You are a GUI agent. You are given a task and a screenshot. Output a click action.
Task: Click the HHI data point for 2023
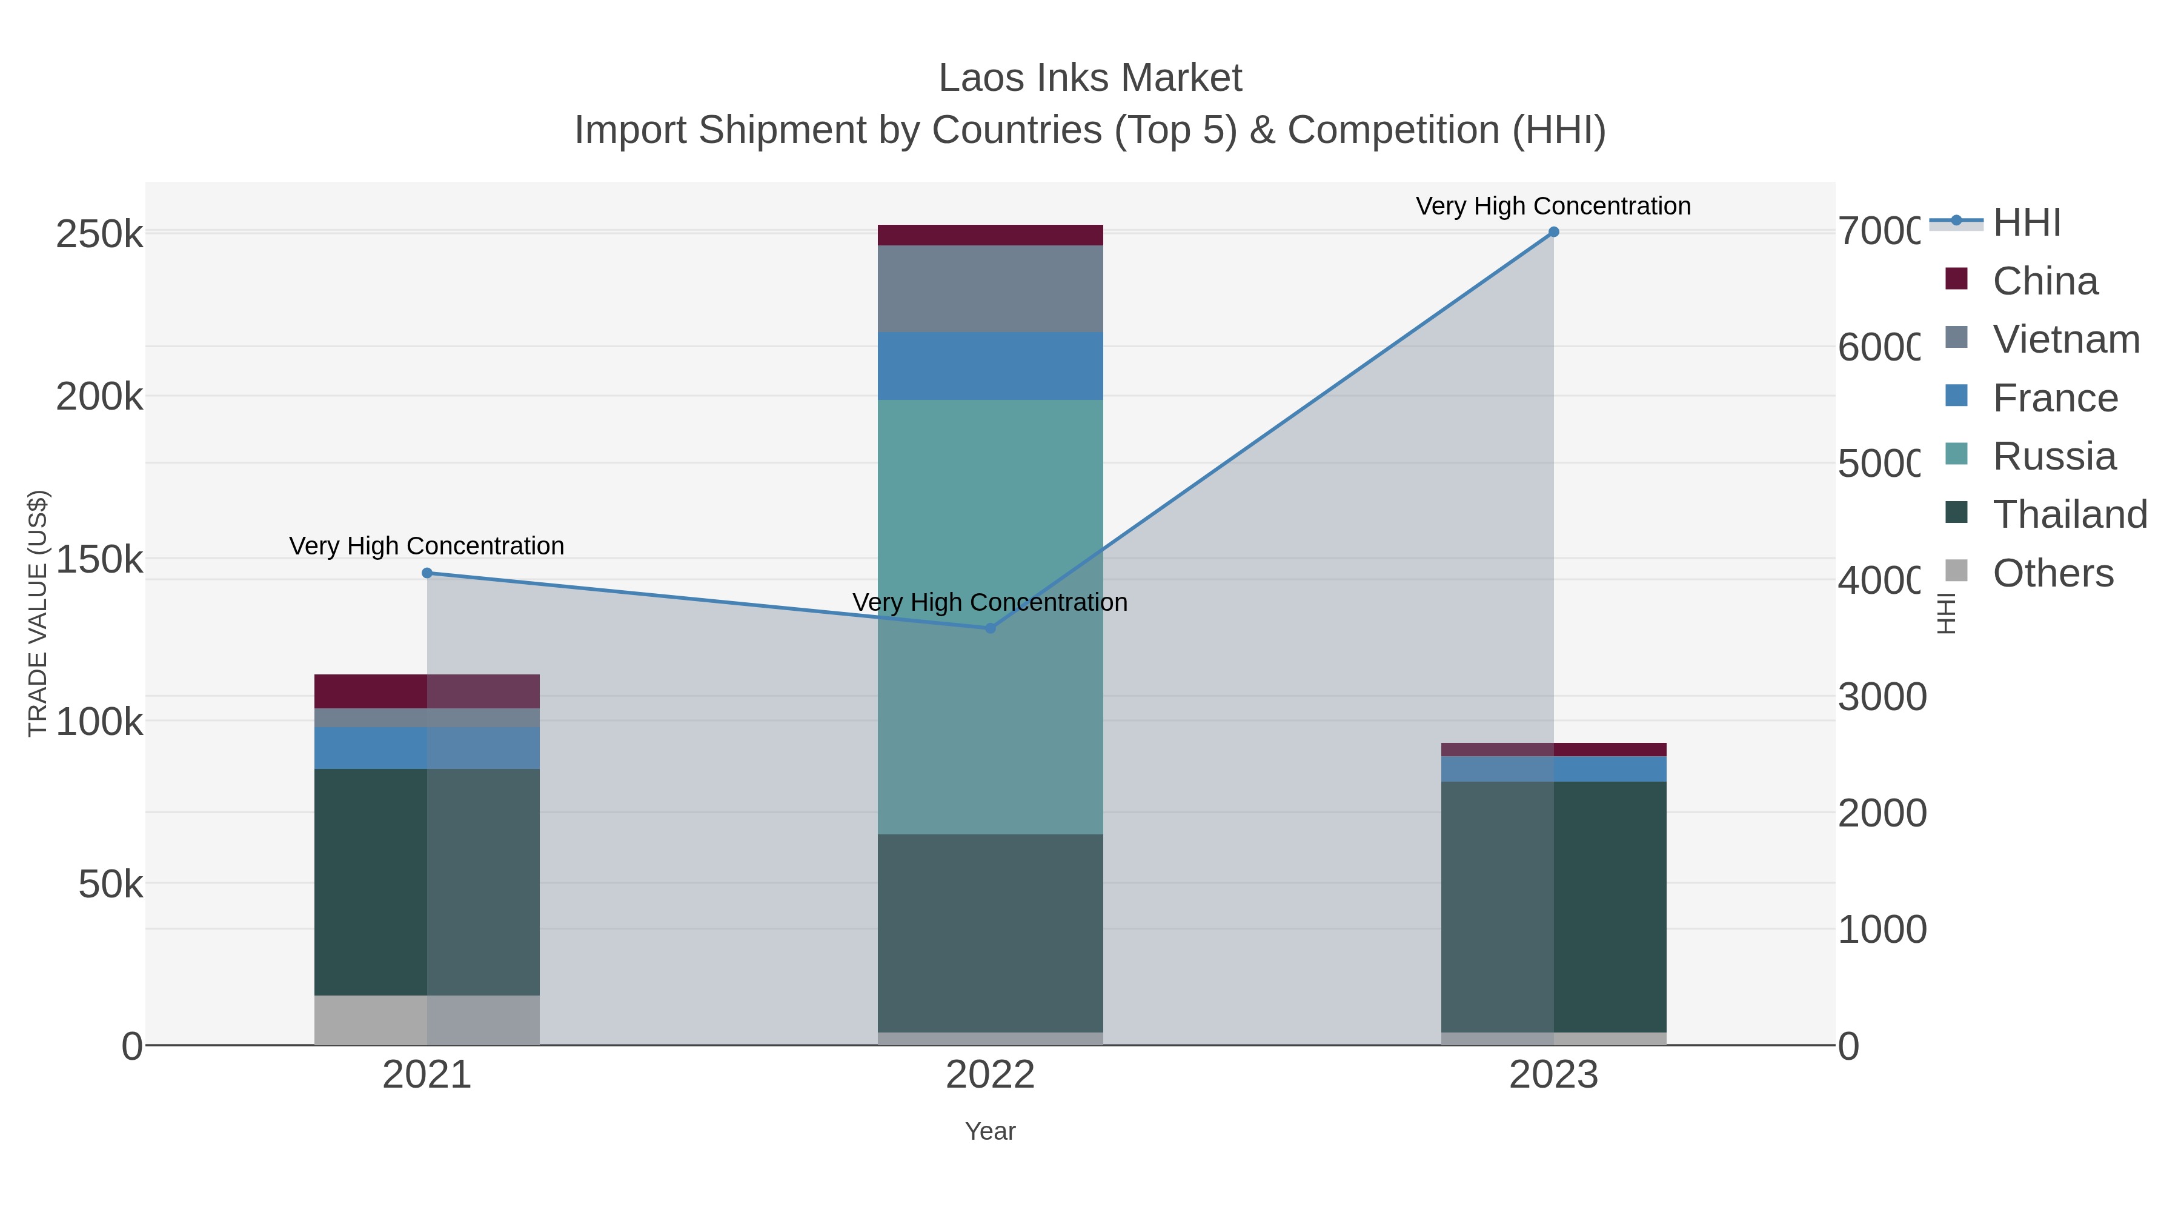click(1553, 232)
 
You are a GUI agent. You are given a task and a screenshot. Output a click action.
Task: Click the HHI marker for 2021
click(427, 573)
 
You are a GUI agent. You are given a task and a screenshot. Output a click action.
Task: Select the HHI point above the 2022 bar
click(990, 628)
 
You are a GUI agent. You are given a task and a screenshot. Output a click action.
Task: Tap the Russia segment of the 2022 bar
click(990, 508)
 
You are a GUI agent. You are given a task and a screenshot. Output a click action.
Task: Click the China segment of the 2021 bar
click(427, 691)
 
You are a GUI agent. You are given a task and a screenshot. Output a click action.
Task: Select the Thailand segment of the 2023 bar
click(1553, 906)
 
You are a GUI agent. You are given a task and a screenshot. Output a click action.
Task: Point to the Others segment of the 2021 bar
click(427, 1020)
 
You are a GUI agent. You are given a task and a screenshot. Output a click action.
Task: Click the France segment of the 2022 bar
click(990, 366)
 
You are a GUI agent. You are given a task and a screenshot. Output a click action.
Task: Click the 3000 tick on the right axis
click(1881, 697)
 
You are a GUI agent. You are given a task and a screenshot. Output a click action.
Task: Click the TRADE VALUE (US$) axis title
click(38, 613)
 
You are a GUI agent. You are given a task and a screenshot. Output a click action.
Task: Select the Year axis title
click(990, 1131)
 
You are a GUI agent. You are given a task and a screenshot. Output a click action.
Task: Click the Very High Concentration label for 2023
click(1553, 207)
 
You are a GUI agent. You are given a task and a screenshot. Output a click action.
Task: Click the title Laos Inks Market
click(1090, 78)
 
